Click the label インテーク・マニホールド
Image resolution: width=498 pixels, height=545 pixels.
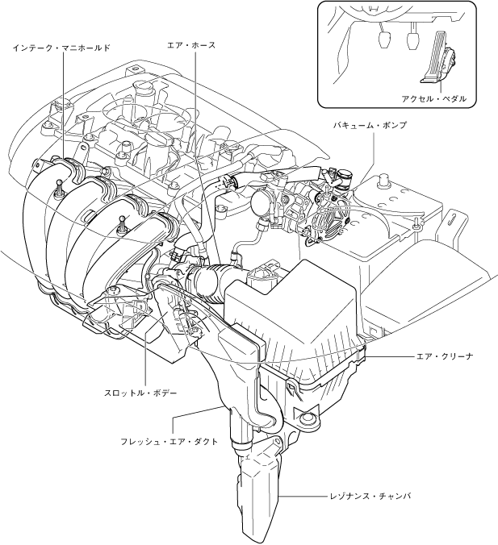[x=61, y=48]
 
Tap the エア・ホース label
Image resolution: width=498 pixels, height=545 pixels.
[x=190, y=46]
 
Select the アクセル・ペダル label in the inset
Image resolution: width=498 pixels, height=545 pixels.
[x=433, y=98]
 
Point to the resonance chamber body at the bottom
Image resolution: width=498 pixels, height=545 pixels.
[x=260, y=492]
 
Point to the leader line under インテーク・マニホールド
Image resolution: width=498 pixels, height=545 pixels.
[x=62, y=105]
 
